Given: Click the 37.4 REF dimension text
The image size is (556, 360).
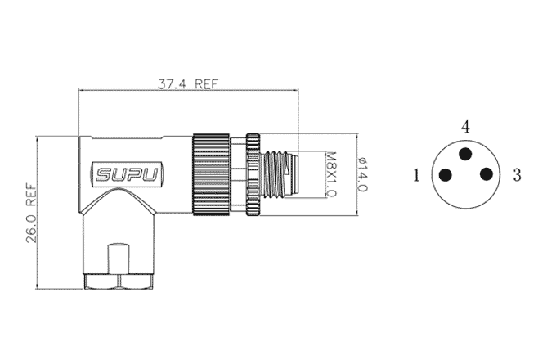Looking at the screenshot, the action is pos(188,84).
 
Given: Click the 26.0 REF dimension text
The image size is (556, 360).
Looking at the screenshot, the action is pos(31,213).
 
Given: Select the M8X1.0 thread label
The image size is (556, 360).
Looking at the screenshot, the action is pos(330,174).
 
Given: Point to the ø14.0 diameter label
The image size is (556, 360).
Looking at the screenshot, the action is pos(362,174).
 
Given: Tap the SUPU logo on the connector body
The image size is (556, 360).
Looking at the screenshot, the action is pos(127,174).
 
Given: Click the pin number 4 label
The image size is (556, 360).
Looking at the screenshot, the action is pos(465,127).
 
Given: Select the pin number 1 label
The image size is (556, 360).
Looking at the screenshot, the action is pos(416,175).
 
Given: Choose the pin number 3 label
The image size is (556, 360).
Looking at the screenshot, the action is pos(517,175).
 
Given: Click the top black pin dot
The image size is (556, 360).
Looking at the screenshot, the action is pos(465,154).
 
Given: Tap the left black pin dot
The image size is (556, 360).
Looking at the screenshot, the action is pos(446,175).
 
